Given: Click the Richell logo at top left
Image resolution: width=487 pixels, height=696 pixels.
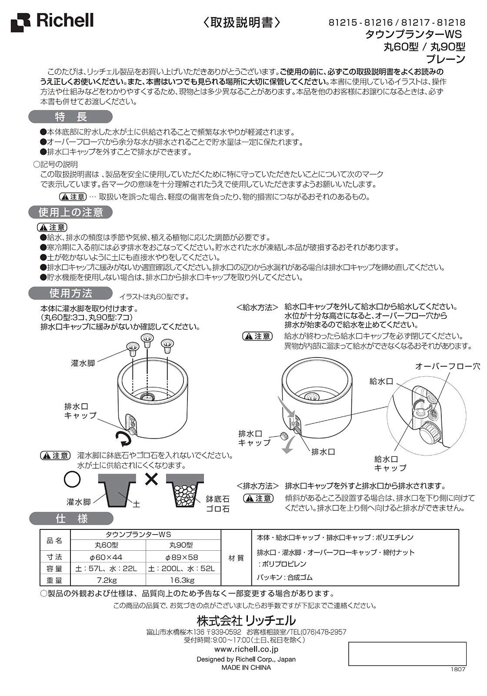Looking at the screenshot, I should tap(53, 21).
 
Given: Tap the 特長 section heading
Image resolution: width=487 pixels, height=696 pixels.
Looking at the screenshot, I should tap(71, 117).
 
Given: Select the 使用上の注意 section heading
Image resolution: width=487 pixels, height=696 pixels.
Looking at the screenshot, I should tap(71, 212).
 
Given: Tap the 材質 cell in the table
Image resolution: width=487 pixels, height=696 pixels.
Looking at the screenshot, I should tap(236, 558).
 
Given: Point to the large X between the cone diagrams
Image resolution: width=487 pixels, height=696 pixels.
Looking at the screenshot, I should tap(151, 479).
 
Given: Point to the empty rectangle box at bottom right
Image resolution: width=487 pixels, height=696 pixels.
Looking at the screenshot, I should tap(407, 654).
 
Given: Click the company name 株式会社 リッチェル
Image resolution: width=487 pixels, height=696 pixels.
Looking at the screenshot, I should tap(246, 619).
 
